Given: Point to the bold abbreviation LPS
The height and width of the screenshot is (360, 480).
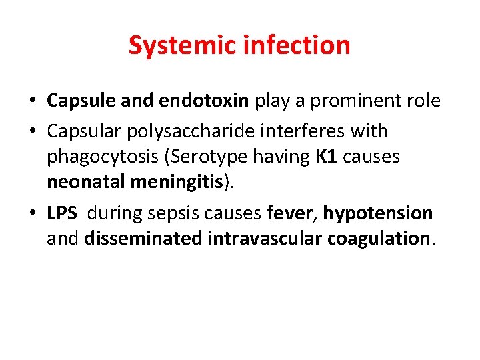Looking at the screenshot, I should click(62, 213).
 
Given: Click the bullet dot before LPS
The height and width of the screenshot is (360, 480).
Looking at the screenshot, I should click(33, 214).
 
